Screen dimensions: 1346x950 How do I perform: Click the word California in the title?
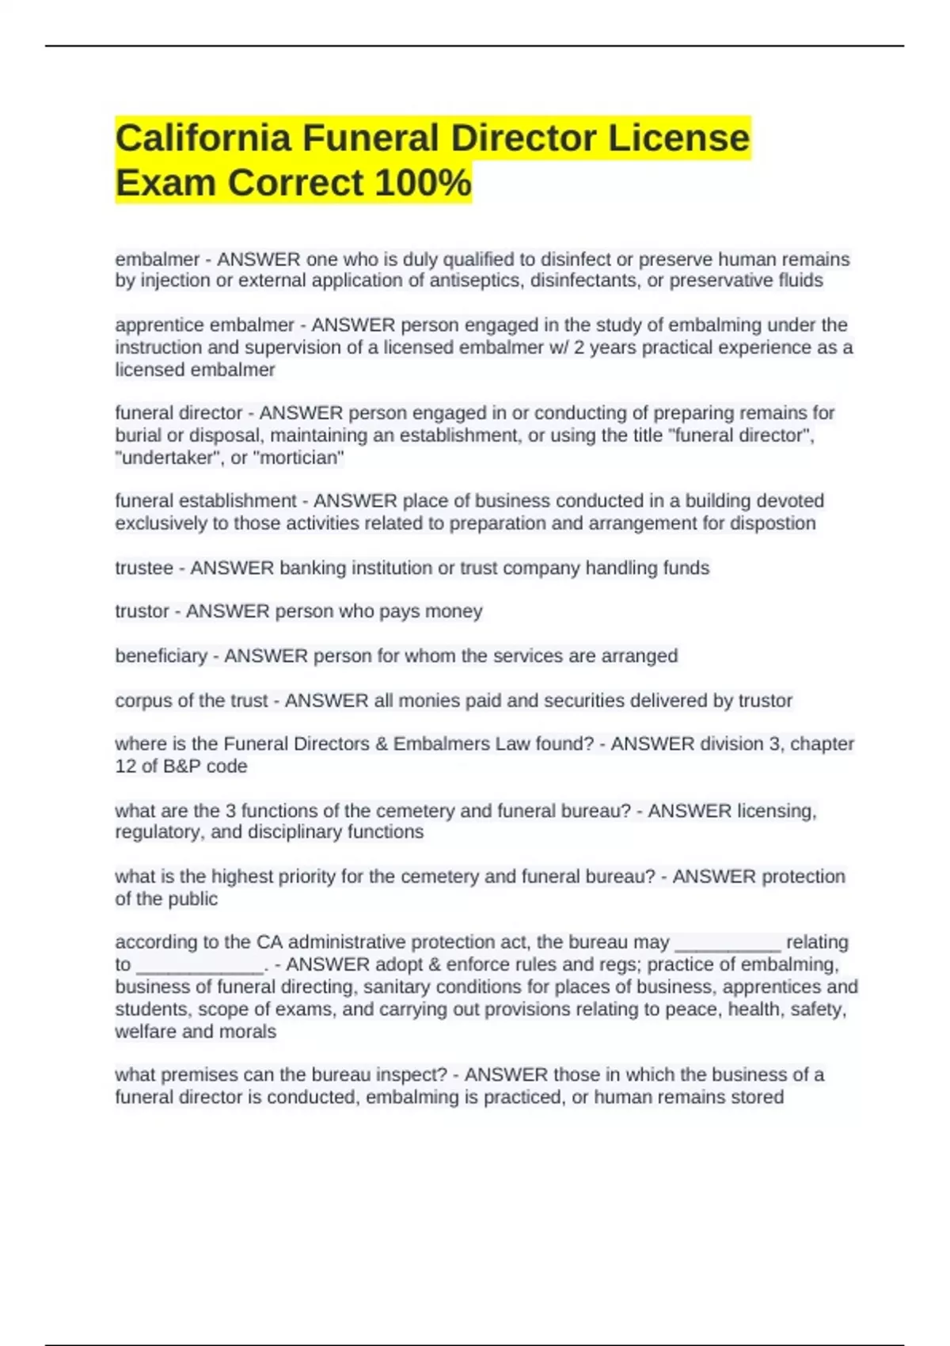tap(203, 138)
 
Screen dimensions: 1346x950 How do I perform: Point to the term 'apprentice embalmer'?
tap(204, 325)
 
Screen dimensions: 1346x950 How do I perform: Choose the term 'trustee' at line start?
tap(143, 568)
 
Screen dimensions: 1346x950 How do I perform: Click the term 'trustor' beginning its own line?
tap(142, 611)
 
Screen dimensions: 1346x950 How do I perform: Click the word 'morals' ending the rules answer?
tap(248, 1032)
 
